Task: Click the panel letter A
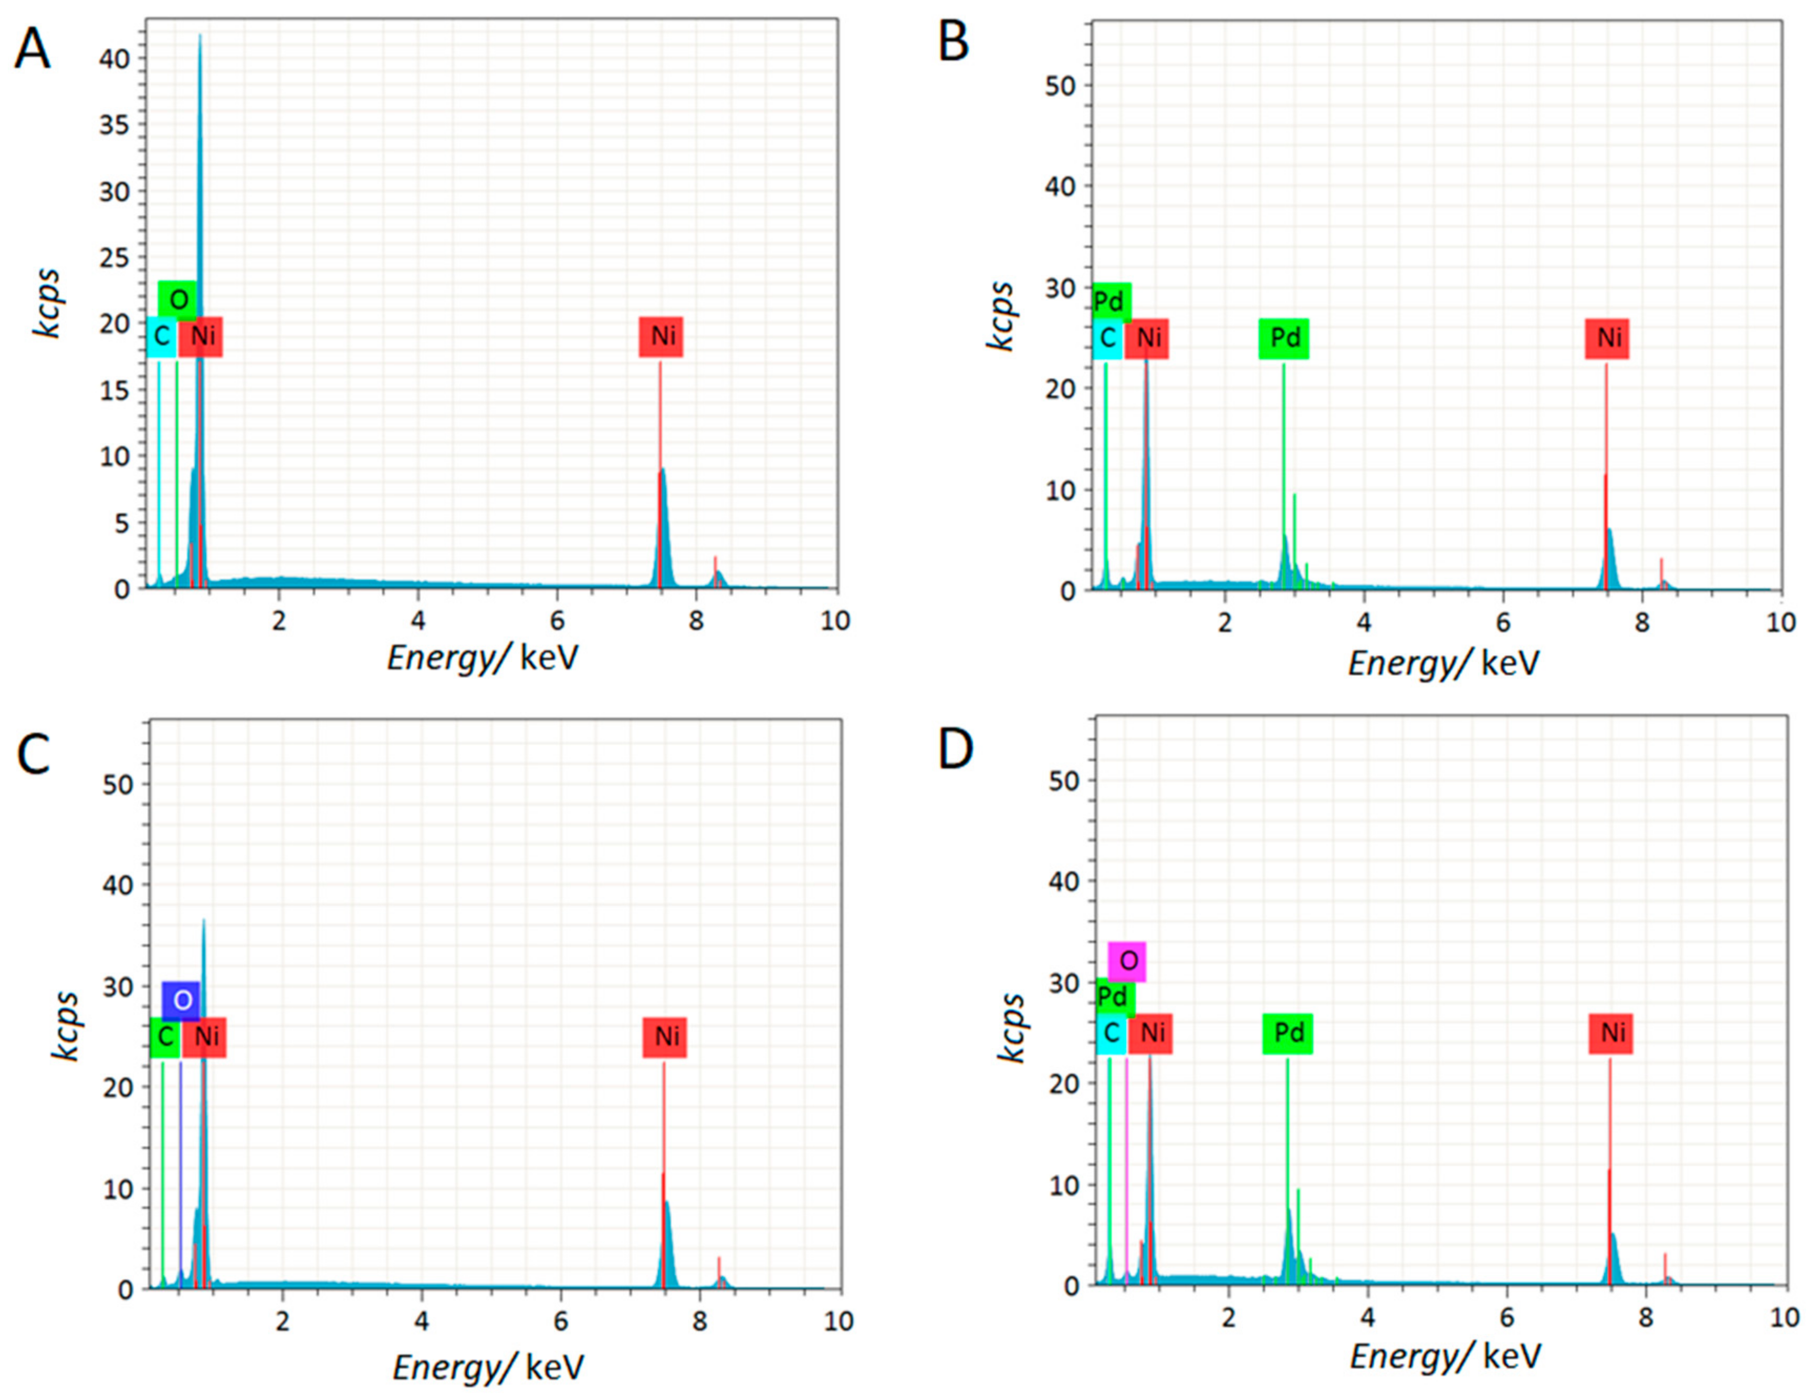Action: (x=33, y=50)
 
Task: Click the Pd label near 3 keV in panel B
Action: (x=1284, y=338)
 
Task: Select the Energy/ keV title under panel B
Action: (x=1443, y=663)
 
